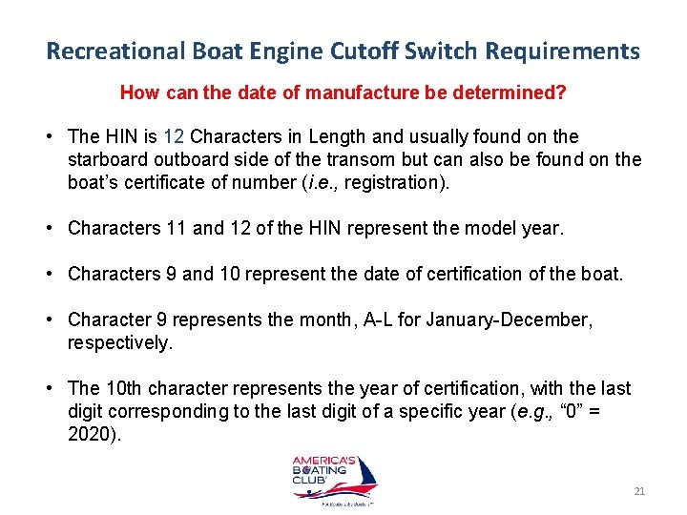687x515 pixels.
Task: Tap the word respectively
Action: [120, 341]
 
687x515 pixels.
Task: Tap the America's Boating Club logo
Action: [334, 478]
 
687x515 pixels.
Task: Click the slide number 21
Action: [639, 491]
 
